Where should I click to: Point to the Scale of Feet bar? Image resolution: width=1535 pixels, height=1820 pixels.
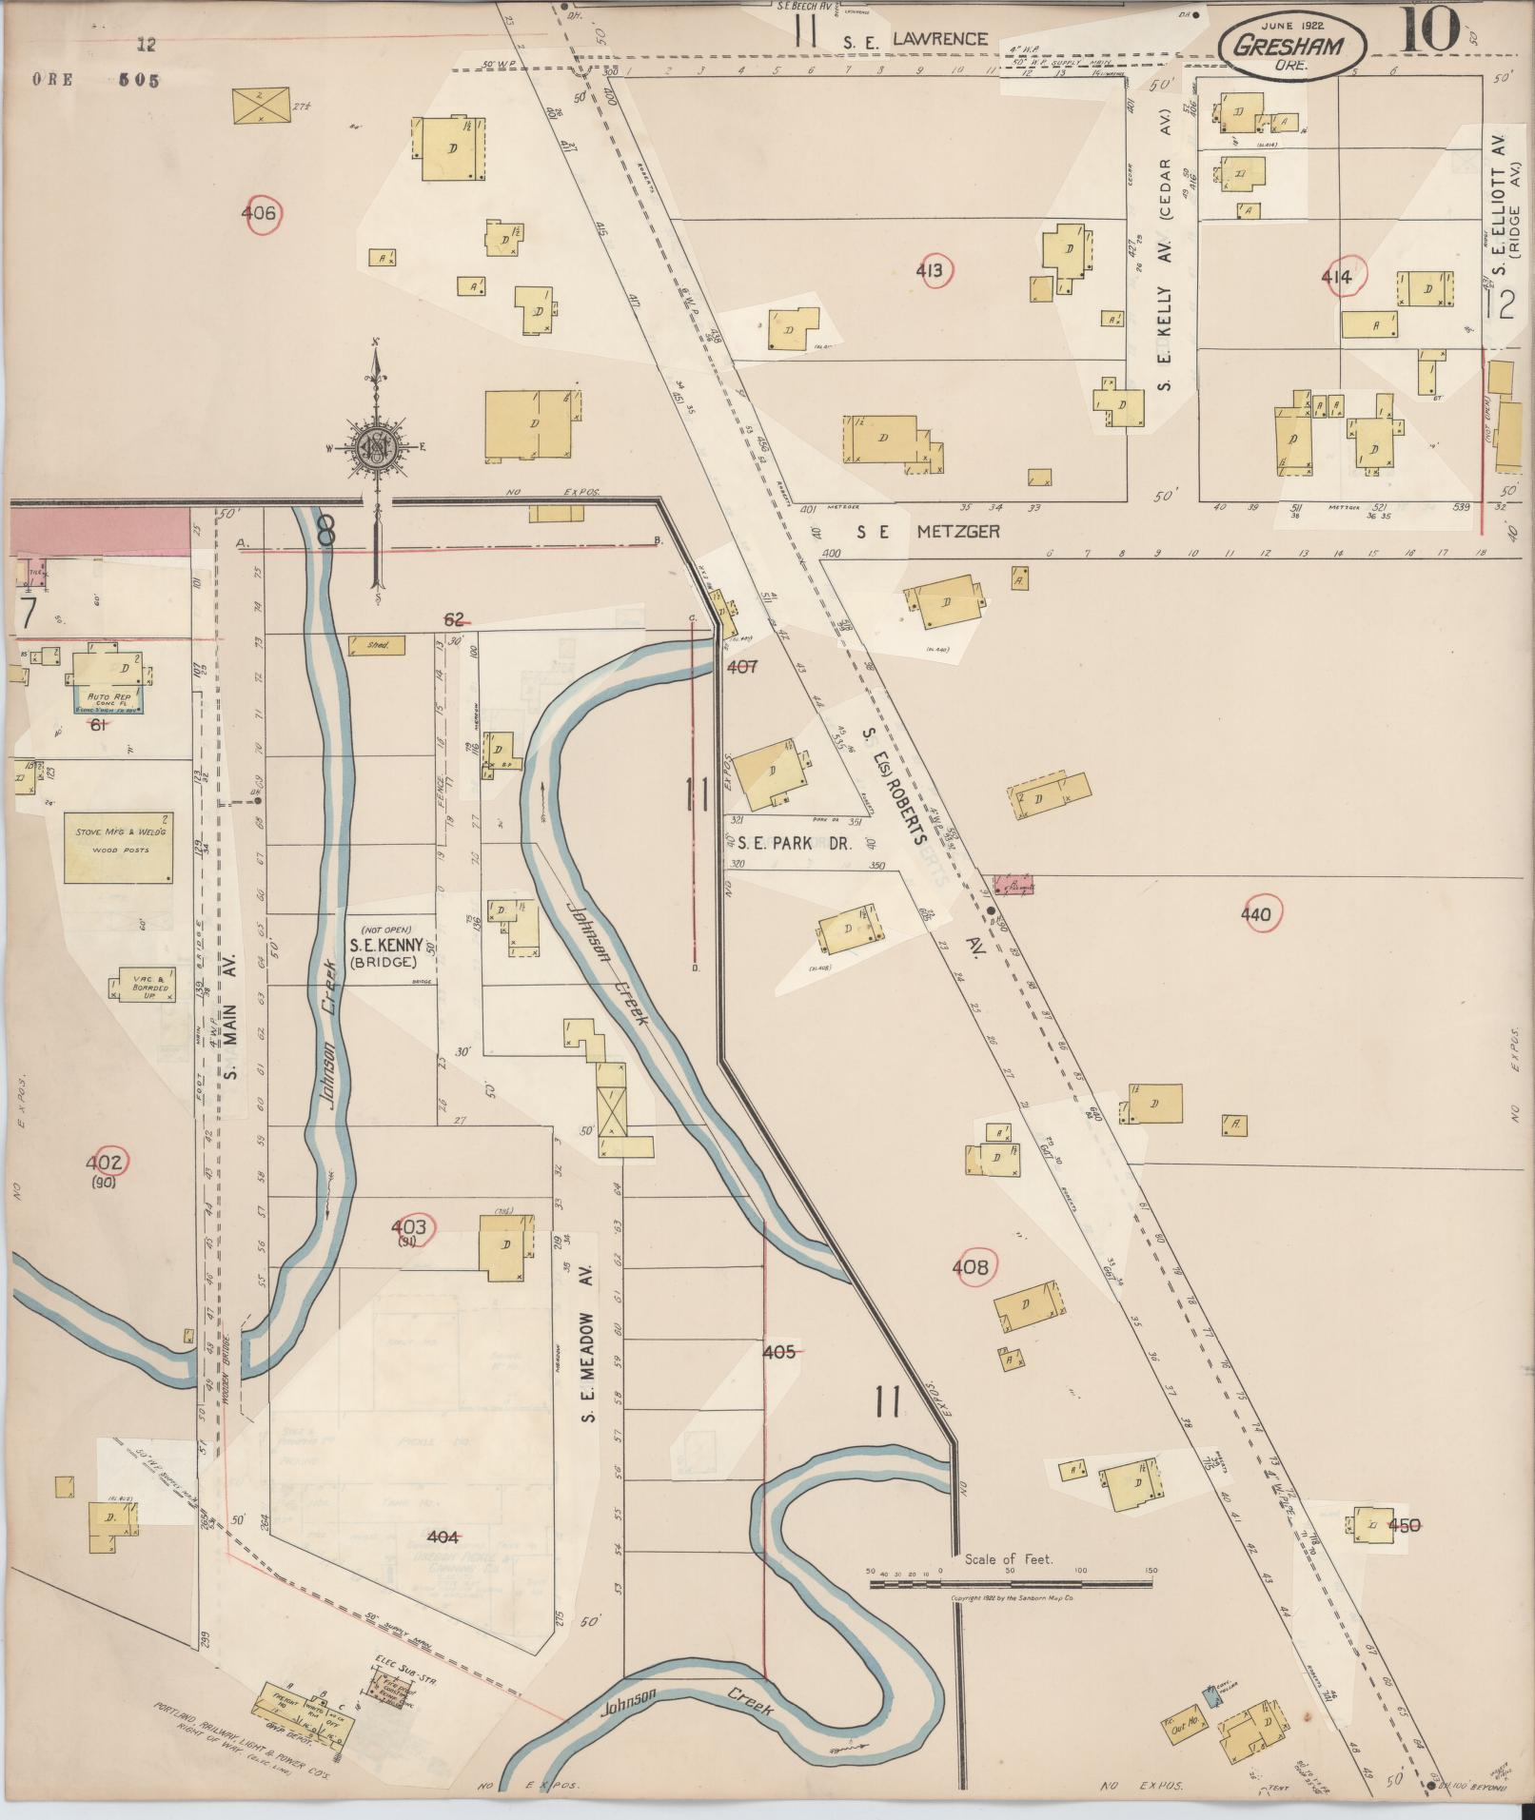click(x=1011, y=1584)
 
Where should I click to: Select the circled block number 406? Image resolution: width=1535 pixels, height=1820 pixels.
click(x=259, y=213)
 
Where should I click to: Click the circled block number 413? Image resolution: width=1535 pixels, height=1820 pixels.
click(x=929, y=272)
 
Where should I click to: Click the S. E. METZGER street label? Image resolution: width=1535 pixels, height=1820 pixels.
click(x=928, y=532)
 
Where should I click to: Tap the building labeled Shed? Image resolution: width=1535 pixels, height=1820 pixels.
click(x=377, y=645)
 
